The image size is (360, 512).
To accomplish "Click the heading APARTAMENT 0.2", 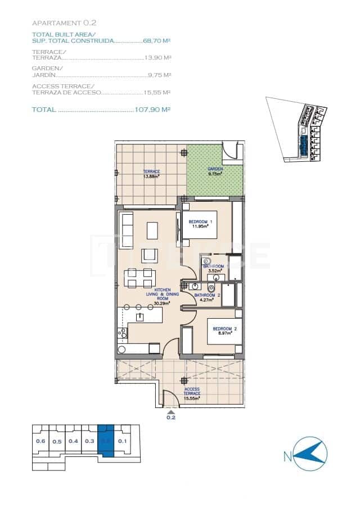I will pyautogui.click(x=65, y=23).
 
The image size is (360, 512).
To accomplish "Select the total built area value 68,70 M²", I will pyautogui.click(x=157, y=41).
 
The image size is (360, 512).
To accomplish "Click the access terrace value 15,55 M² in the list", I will pyautogui.click(x=157, y=92).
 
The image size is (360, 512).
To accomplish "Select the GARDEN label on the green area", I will pyautogui.click(x=215, y=169).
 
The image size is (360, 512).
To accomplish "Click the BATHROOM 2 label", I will pyautogui.click(x=207, y=295).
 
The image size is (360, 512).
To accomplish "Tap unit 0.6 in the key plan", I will pyautogui.click(x=40, y=441).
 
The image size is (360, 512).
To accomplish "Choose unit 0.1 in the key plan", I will pyautogui.click(x=123, y=441).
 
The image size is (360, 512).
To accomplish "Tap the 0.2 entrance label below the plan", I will pyautogui.click(x=171, y=418).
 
